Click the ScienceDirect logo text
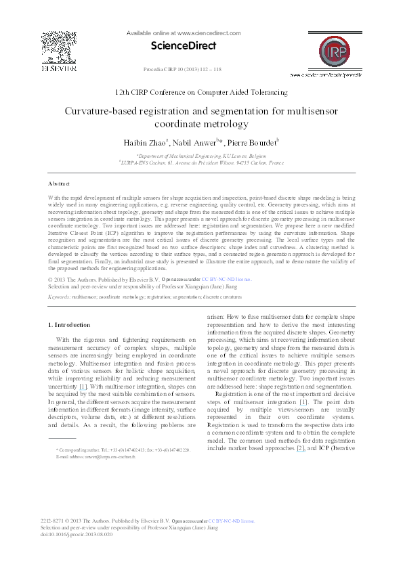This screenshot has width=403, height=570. pyautogui.click(x=183, y=46)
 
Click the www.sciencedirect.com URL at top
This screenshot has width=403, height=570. pyautogui.click(x=184, y=32)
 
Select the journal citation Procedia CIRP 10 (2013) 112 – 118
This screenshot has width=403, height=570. pyautogui.click(x=182, y=70)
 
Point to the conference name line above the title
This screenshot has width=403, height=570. pyautogui.click(x=201, y=92)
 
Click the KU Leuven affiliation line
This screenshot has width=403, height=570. pyautogui.click(x=201, y=155)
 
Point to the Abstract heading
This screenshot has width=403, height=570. pyautogui.click(x=59, y=183)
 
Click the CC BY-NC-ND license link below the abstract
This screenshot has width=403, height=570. pyautogui.click(x=226, y=278)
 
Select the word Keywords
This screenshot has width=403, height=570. pyautogui.click(x=59, y=296)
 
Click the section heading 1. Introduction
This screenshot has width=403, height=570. pyautogui.click(x=71, y=325)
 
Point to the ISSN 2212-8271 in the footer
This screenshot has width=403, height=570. pyautogui.click(x=54, y=521)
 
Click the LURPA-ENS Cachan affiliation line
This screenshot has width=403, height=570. pyautogui.click(x=201, y=162)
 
